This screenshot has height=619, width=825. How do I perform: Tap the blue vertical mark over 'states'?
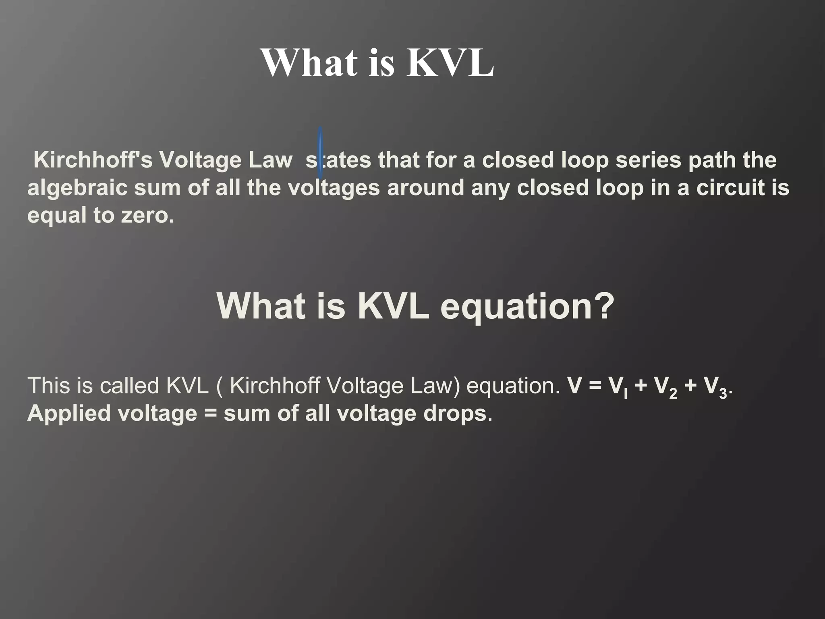click(x=320, y=153)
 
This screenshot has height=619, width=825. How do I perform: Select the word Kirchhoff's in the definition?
click(x=93, y=160)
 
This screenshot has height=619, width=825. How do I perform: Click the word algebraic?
click(x=77, y=188)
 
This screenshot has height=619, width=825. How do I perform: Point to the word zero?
click(x=147, y=216)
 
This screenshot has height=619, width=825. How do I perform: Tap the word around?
click(x=425, y=188)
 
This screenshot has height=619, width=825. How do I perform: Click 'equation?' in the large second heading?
click(x=527, y=306)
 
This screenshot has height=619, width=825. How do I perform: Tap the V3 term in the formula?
click(x=715, y=387)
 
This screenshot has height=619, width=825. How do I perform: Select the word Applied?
click(x=68, y=413)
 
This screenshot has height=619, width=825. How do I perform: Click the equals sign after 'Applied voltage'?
click(x=210, y=414)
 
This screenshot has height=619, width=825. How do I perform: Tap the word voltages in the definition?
click(x=334, y=188)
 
